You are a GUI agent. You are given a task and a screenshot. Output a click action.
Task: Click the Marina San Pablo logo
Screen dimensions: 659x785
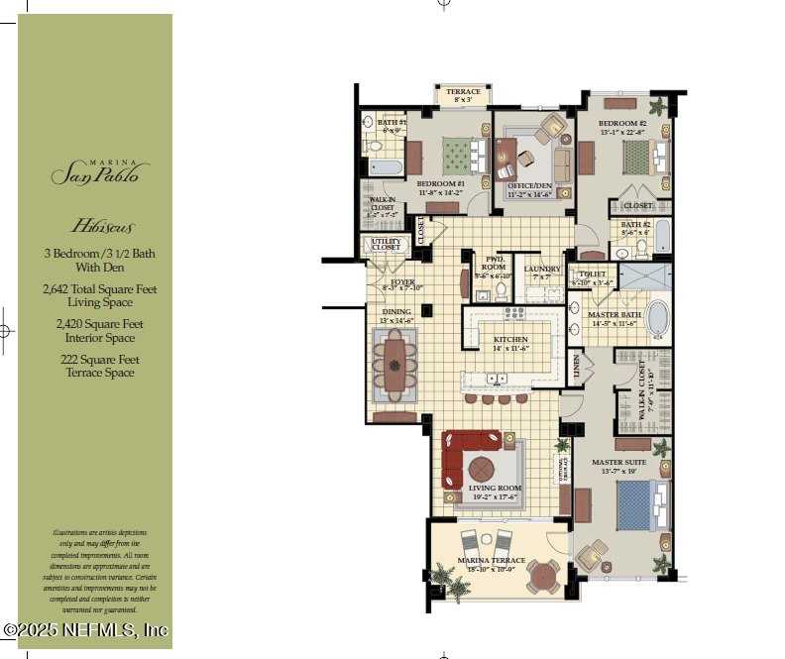point(95,170)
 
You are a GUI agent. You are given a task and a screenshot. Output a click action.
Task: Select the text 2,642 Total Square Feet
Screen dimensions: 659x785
point(95,288)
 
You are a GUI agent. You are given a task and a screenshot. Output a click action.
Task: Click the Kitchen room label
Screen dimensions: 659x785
point(511,340)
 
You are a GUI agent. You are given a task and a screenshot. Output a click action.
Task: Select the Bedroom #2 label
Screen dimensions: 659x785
point(622,125)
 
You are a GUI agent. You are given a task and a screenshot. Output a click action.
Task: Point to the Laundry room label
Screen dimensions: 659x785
point(542,269)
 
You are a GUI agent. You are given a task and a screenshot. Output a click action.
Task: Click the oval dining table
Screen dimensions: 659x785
point(398,364)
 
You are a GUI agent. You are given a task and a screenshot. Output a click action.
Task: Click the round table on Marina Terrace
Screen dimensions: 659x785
point(543,576)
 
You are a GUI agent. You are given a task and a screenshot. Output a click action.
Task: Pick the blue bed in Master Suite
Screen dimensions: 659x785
point(636,504)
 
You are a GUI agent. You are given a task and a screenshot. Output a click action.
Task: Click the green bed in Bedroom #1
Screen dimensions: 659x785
point(457,155)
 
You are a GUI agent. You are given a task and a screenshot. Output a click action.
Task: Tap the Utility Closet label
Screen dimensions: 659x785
point(386,244)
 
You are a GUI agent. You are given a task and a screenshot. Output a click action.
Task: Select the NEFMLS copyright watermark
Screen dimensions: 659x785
point(86,629)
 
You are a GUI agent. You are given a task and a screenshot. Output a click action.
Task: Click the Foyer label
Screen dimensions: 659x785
point(402,282)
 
